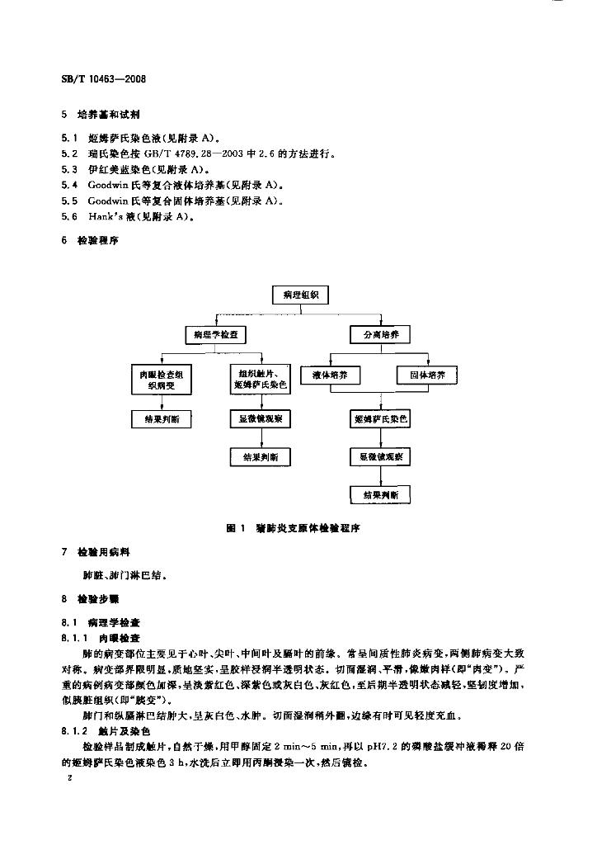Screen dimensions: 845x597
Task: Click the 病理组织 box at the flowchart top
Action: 300,294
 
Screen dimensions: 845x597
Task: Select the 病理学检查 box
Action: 217,334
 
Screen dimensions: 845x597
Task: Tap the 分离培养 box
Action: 380,334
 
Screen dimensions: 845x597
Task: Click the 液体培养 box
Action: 330,375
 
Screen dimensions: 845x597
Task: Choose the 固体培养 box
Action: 426,375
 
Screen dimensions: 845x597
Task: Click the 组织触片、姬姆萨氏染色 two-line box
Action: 260,380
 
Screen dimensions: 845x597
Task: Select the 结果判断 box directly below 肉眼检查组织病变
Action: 162,419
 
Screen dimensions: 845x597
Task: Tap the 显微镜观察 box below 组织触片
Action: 260,419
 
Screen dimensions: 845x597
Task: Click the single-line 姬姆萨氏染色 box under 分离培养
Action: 380,419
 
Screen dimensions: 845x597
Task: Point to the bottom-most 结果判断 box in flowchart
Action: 380,494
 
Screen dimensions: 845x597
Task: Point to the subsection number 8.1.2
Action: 74,730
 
